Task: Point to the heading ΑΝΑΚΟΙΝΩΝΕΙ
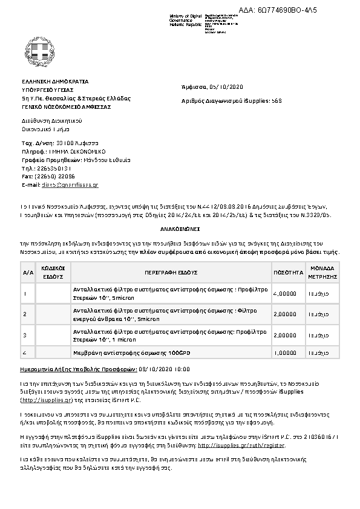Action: coord(180,230)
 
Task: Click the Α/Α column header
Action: coord(28,273)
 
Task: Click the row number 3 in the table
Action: coord(24,334)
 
